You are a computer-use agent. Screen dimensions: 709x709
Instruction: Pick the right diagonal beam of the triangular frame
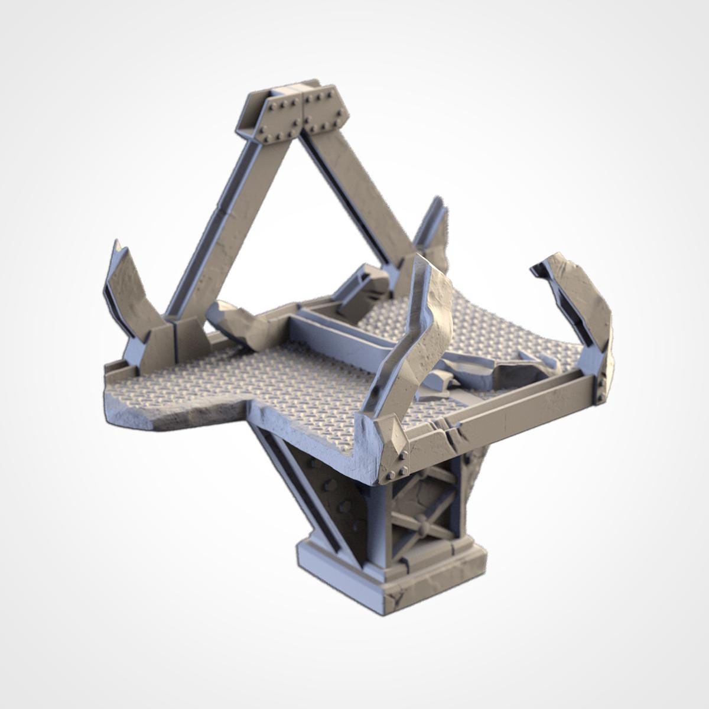coord(360,195)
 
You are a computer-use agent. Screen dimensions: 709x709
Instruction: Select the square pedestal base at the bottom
coord(390,567)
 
